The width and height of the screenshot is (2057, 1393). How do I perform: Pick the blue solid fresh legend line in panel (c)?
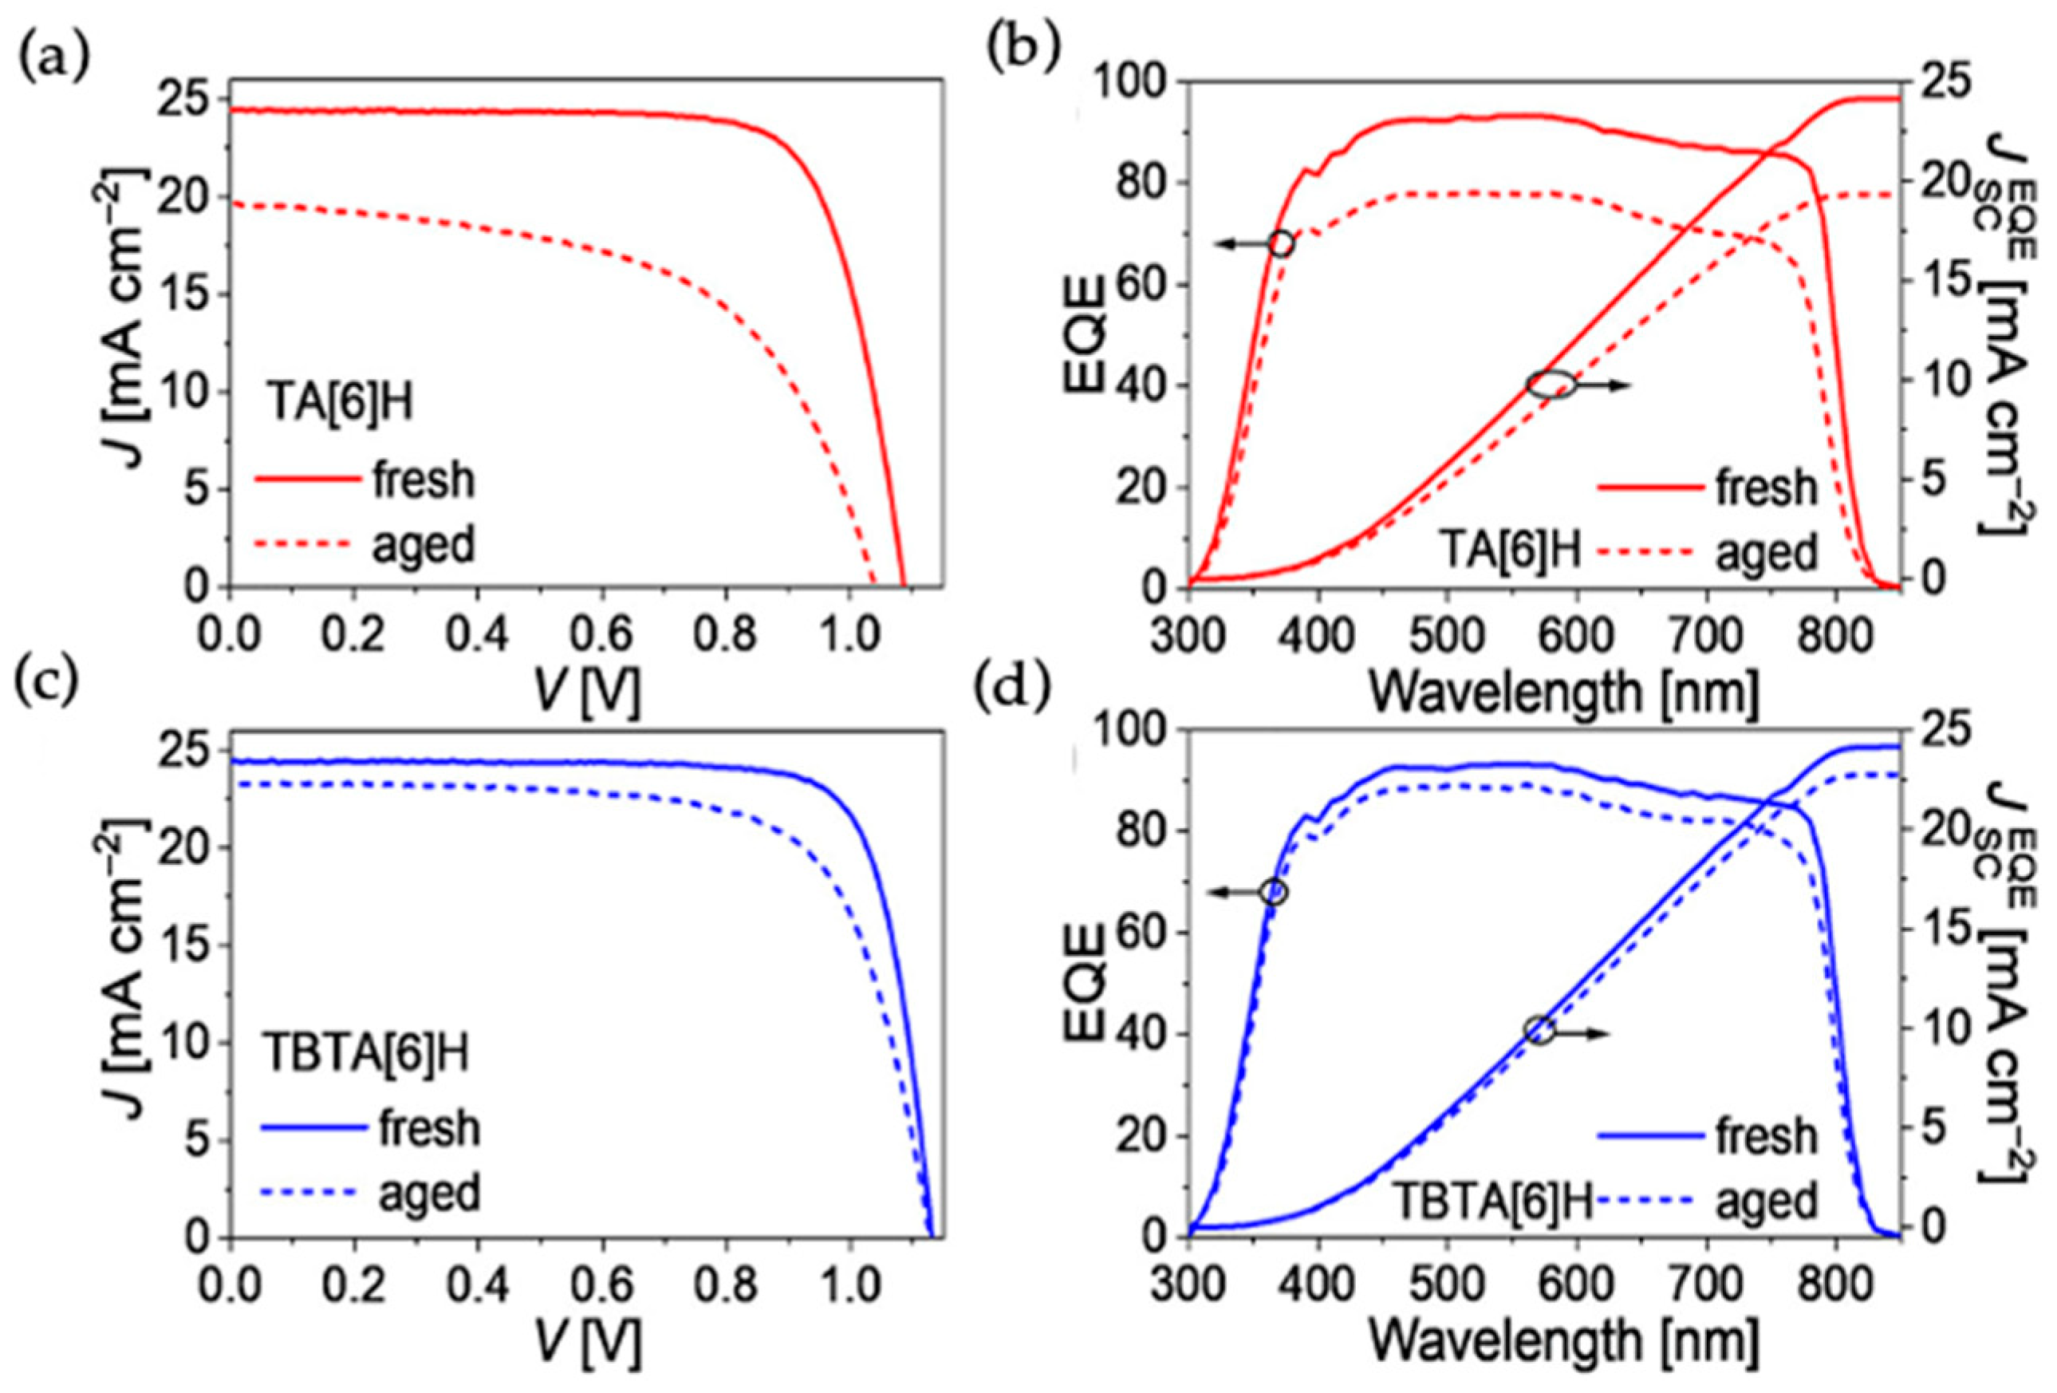click(x=313, y=1127)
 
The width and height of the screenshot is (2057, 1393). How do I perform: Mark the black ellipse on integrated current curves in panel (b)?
click(x=1551, y=384)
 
